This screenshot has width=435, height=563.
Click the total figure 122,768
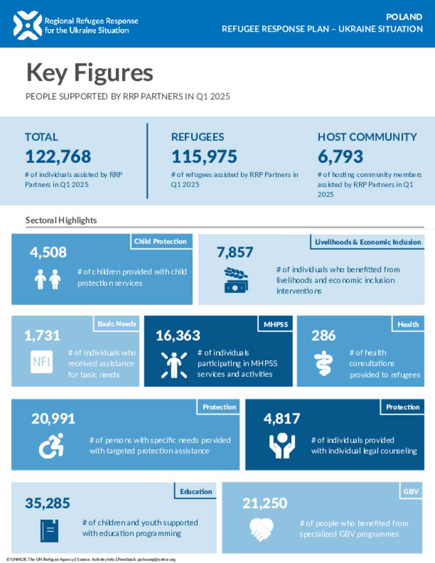tap(58, 157)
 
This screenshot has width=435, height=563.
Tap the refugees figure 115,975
tap(204, 157)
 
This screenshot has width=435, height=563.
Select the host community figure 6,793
tap(340, 157)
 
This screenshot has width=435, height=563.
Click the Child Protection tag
tap(161, 241)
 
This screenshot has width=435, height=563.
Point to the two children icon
tap(48, 279)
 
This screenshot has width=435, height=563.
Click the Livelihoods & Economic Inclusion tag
tap(367, 242)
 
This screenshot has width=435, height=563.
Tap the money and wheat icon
tap(236, 280)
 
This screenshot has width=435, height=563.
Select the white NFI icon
tap(42, 362)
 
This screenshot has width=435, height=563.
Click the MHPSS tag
tap(276, 324)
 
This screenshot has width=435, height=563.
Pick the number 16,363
tap(178, 336)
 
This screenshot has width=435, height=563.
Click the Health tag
tap(408, 324)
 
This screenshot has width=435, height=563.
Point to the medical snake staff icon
tap(323, 363)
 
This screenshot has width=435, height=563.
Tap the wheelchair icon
tap(51, 446)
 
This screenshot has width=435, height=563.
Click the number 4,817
tap(282, 419)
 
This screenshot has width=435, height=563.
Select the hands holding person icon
tap(282, 446)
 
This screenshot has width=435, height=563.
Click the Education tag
tap(196, 492)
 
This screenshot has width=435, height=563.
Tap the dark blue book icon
tap(49, 530)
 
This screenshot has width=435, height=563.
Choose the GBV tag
tap(411, 492)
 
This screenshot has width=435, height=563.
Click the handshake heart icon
tap(261, 529)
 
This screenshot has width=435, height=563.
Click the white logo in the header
tap(28, 25)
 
